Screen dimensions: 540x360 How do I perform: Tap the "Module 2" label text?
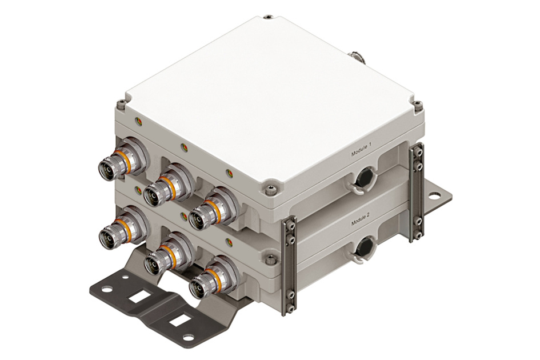[x=361, y=219]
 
